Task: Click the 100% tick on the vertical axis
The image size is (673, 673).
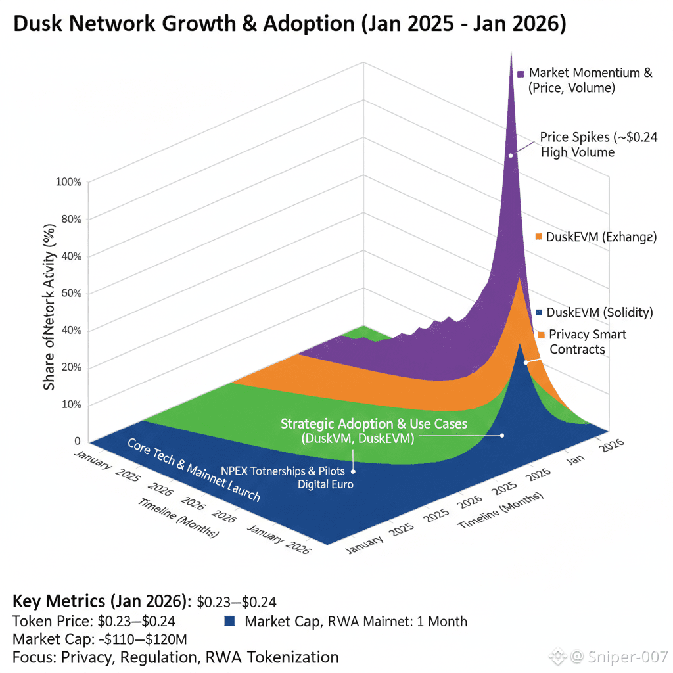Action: tap(69, 181)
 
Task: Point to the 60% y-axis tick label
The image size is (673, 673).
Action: tap(69, 292)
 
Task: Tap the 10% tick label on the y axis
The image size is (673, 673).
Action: tap(69, 404)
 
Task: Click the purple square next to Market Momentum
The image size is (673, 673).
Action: tap(520, 74)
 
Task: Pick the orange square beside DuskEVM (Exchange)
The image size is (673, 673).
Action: tap(538, 237)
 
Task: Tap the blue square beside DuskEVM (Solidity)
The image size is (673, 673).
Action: tap(539, 313)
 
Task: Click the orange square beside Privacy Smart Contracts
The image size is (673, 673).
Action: tap(541, 335)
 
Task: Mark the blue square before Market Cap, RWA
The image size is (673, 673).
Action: tap(229, 621)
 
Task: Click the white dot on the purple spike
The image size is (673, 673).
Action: tap(510, 156)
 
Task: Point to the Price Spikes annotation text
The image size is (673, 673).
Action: tap(598, 144)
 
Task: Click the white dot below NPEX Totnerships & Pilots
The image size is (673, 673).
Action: tap(354, 471)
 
